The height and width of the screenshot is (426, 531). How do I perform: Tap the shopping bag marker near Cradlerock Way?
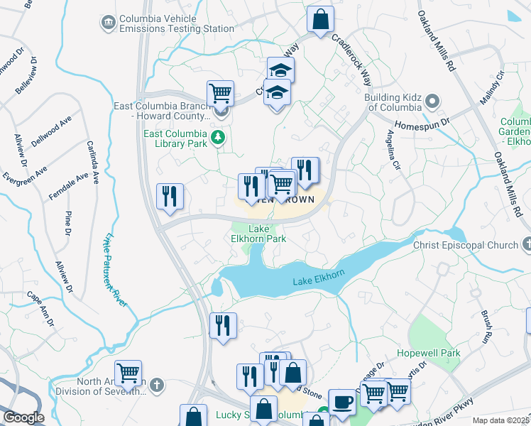coord(321,19)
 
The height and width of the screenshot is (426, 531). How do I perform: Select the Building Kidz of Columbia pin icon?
coord(432,102)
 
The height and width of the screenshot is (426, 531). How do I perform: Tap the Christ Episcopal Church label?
coord(466,246)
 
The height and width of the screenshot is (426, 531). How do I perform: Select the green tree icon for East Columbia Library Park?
coord(220,138)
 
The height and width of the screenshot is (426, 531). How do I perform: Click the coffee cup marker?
coord(342,402)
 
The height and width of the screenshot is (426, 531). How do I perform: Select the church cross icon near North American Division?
coord(157,386)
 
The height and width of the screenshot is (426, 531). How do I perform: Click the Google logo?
coord(23,417)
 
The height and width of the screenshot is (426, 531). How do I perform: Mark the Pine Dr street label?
coord(68,222)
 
